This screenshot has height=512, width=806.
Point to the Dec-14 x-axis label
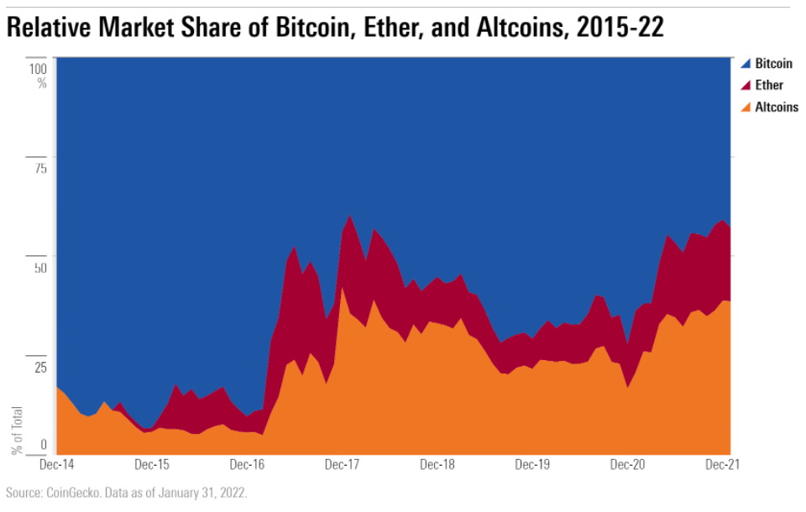click(56, 463)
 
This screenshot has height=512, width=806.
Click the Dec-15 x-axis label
click(152, 463)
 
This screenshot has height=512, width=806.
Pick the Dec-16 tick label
click(248, 463)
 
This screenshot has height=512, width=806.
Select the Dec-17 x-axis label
click(343, 463)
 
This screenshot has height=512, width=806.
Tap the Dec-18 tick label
click(437, 463)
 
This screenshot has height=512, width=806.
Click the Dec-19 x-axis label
click(532, 463)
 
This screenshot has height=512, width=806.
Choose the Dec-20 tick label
click(627, 463)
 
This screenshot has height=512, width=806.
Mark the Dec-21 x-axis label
click(721, 463)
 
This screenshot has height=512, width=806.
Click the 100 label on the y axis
click(37, 68)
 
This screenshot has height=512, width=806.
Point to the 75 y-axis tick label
click(39, 168)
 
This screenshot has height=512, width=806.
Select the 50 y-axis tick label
click(39, 268)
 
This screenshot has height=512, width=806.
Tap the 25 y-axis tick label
click(39, 367)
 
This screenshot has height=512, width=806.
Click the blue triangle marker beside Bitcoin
click(745, 64)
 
